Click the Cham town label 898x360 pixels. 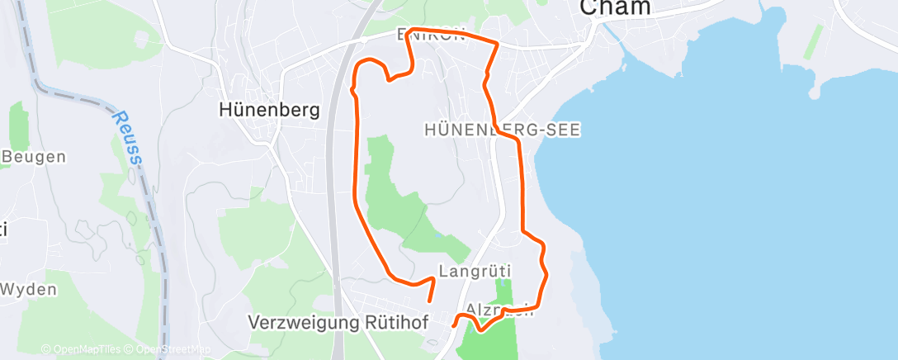[615, 7]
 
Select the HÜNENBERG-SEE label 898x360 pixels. [503, 129]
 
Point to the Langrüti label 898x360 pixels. [475, 270]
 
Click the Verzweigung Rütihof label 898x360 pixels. [338, 323]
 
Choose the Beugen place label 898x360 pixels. [35, 155]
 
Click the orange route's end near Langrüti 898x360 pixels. [429, 302]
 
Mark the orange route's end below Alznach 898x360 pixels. [454, 325]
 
